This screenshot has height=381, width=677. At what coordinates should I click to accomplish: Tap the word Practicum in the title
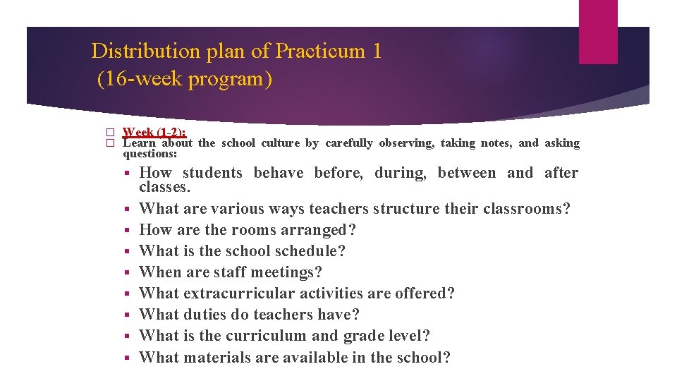click(x=319, y=52)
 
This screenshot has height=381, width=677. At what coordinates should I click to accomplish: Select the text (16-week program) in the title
click(x=184, y=78)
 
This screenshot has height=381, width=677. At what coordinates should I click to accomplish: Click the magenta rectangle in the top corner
click(x=598, y=32)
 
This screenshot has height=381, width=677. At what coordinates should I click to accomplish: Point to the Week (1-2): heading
click(x=154, y=132)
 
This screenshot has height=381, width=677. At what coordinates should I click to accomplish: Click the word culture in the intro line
click(x=280, y=143)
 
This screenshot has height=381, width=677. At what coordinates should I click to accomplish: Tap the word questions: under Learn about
click(x=150, y=154)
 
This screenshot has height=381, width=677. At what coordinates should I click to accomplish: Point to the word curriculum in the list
click(x=262, y=336)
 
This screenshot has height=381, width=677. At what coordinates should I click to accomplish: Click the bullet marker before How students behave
click(x=127, y=174)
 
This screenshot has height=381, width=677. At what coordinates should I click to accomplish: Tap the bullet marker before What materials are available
click(x=127, y=358)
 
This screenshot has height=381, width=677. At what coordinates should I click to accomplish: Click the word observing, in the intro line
click(x=408, y=143)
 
